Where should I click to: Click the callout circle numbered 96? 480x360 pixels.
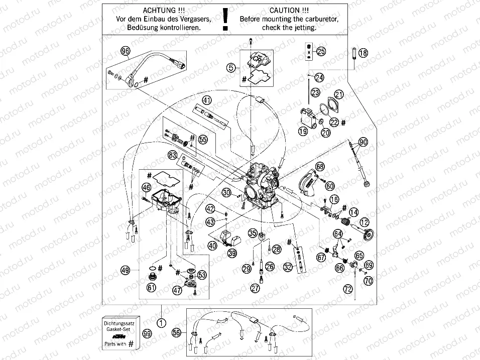pyautogui.click(x=126, y=51)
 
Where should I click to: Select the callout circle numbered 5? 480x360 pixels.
pyautogui.click(x=230, y=67)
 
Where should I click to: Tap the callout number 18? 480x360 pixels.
pyautogui.click(x=363, y=53)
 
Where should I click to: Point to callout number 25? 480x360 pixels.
pyautogui.click(x=321, y=51)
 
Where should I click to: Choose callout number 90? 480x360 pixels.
pyautogui.click(x=363, y=142)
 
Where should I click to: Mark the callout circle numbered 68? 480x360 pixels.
pyautogui.click(x=320, y=166)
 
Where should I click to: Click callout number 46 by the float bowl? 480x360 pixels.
pyautogui.click(x=146, y=188)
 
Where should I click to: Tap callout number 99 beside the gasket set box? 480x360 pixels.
pyautogui.click(x=147, y=333)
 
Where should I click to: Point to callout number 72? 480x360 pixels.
pyautogui.click(x=348, y=289)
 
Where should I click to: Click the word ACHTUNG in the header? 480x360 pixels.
pyautogui.click(x=160, y=10)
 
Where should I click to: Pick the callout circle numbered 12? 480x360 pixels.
pyautogui.click(x=364, y=222)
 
